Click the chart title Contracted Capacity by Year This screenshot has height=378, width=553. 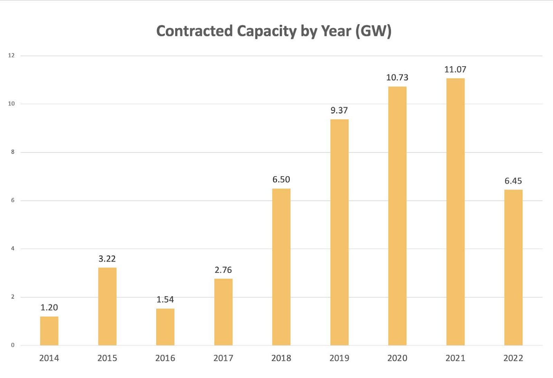click(273, 31)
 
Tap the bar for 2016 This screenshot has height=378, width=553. click(165, 327)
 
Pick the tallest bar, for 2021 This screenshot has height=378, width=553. click(455, 212)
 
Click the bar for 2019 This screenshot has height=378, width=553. click(339, 232)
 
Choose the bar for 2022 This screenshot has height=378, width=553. click(513, 267)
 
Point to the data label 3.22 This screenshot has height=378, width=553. click(107, 259)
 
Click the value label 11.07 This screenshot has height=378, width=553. click(455, 70)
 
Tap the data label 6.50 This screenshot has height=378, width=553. click(281, 179)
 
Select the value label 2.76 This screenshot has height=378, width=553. click(223, 270)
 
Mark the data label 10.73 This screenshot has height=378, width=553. click(397, 77)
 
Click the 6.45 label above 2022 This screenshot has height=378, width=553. click(513, 181)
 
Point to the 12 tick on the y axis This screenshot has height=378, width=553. click(11, 55)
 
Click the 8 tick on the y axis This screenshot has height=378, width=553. click(13, 152)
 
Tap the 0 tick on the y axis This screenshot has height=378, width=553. click(13, 345)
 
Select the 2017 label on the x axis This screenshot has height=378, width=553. click(223, 358)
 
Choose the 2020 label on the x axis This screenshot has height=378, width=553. click(397, 358)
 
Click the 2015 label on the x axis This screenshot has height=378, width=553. click(107, 358)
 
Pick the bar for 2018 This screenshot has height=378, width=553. click(281, 267)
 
